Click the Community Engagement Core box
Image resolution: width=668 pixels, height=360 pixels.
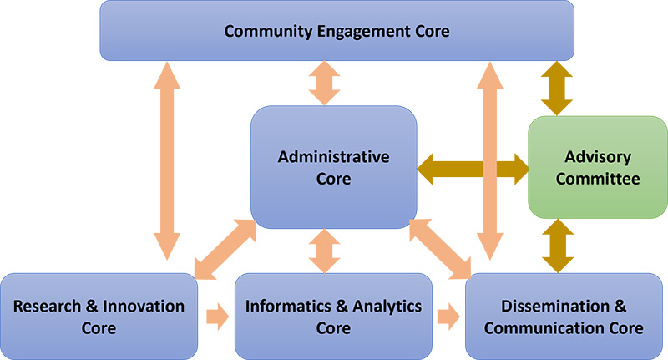(337, 32)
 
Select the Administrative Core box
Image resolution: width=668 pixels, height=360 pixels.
(334, 167)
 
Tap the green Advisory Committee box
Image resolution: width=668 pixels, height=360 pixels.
(597, 167)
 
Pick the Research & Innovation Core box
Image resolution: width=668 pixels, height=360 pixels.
(99, 316)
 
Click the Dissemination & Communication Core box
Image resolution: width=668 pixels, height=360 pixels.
(566, 316)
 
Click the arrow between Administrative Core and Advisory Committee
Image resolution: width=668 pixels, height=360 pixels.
(473, 168)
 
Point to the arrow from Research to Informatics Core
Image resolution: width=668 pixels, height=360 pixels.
(216, 316)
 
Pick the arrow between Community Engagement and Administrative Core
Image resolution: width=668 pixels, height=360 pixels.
(324, 83)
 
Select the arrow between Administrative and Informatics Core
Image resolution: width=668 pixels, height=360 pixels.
(324, 250)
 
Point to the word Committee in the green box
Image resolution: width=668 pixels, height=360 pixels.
(597, 179)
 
